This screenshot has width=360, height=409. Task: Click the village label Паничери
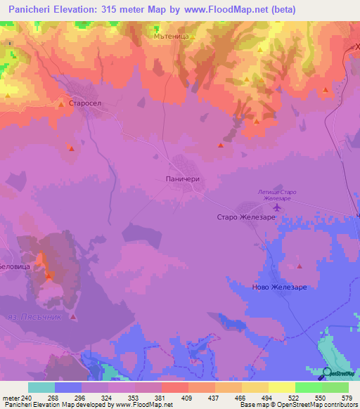(182, 179)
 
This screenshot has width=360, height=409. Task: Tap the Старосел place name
(89, 103)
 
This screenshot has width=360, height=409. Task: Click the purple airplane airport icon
(276, 207)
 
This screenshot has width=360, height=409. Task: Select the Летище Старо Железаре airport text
(277, 195)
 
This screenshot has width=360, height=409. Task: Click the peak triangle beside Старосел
(61, 104)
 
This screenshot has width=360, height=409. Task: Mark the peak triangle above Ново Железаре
(300, 266)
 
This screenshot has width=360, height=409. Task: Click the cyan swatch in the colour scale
(41, 387)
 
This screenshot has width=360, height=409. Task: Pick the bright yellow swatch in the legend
(281, 387)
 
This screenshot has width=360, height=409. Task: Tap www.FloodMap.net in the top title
(226, 10)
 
